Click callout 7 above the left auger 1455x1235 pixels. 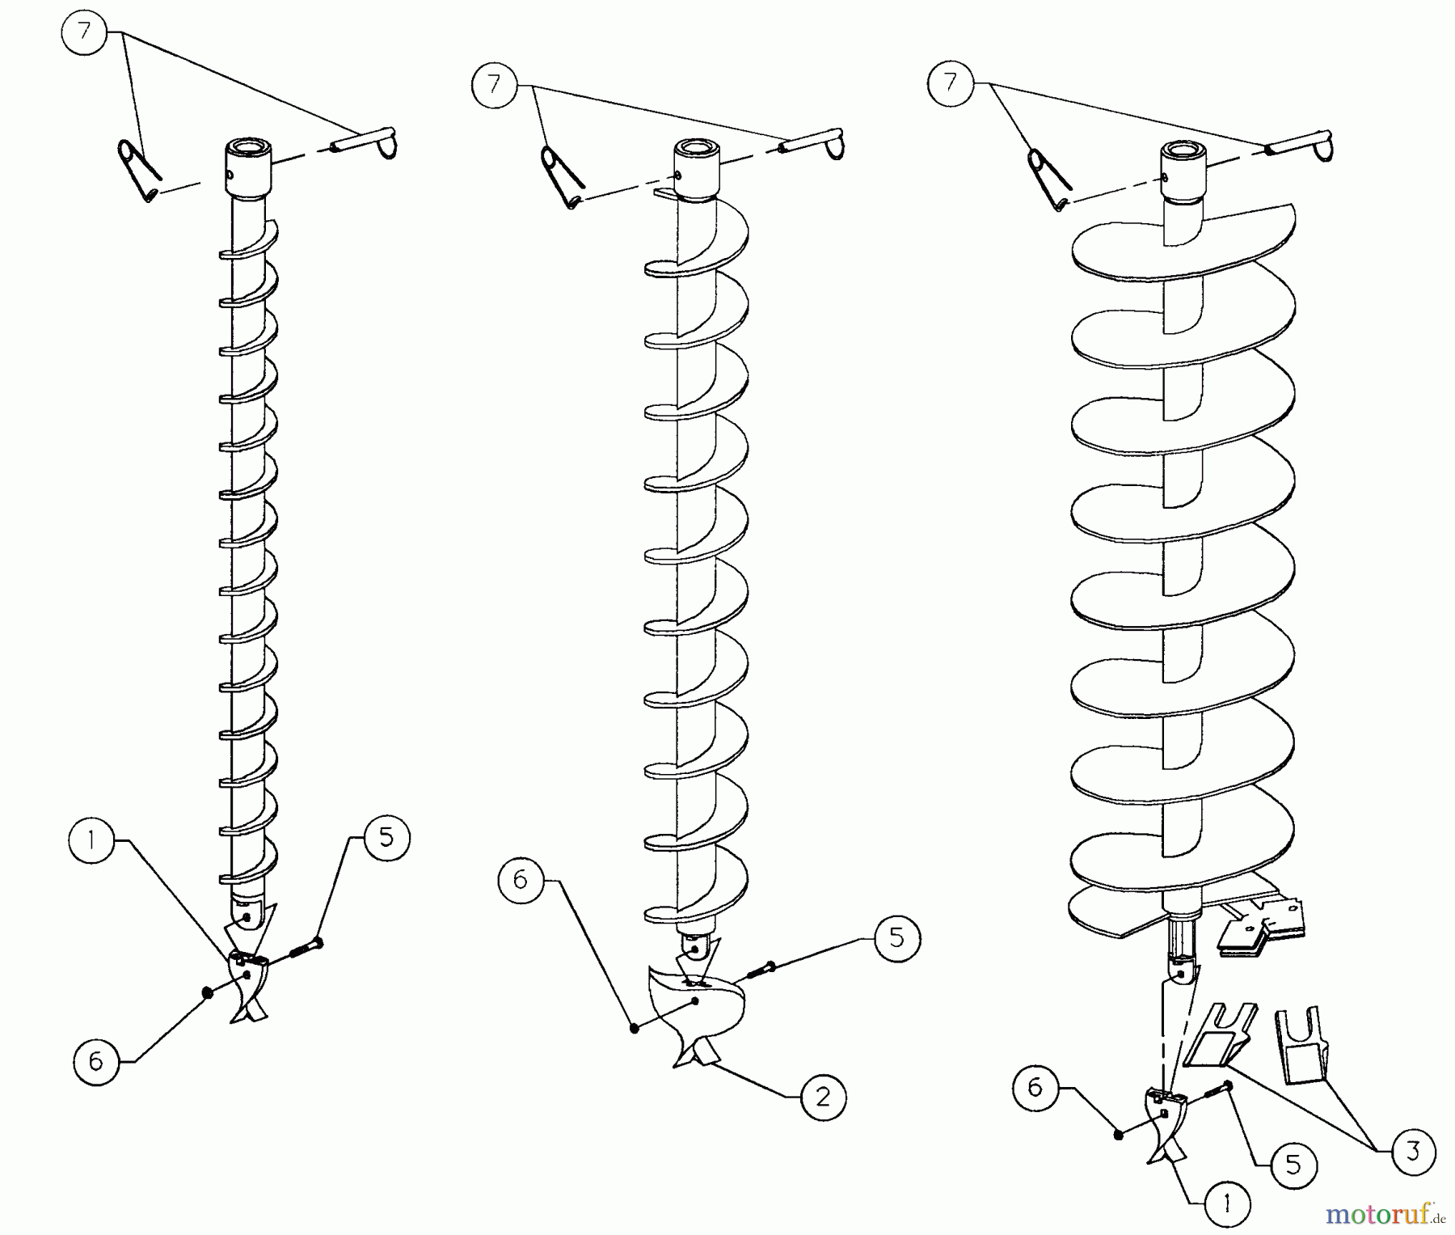tap(84, 32)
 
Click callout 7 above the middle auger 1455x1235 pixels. tap(494, 85)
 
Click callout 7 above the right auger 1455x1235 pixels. tap(950, 82)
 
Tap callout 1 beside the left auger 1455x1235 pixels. tap(91, 840)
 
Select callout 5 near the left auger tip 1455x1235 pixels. tap(386, 838)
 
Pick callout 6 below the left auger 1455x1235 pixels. tap(96, 1061)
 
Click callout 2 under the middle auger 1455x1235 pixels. tap(823, 1098)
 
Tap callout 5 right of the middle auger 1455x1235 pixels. tap(896, 938)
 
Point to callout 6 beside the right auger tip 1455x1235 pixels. tap(1035, 1088)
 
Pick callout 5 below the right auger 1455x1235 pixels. tap(1293, 1165)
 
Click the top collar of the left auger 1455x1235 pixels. tap(247, 170)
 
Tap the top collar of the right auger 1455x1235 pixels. tap(1183, 171)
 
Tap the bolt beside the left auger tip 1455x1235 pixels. tap(303, 947)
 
